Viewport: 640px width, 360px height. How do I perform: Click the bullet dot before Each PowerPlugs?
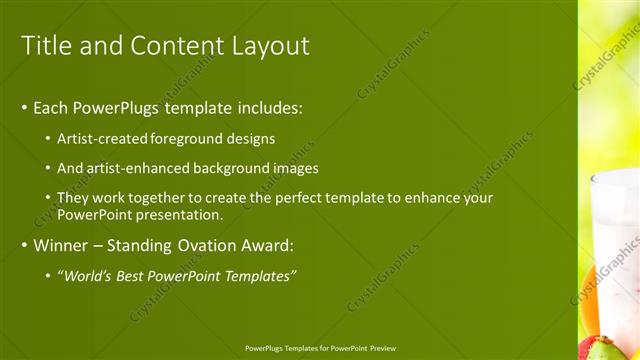pyautogui.click(x=25, y=108)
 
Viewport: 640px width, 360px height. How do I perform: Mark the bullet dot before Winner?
pyautogui.click(x=25, y=245)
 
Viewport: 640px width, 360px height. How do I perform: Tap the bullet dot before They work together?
pyautogui.click(x=49, y=198)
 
